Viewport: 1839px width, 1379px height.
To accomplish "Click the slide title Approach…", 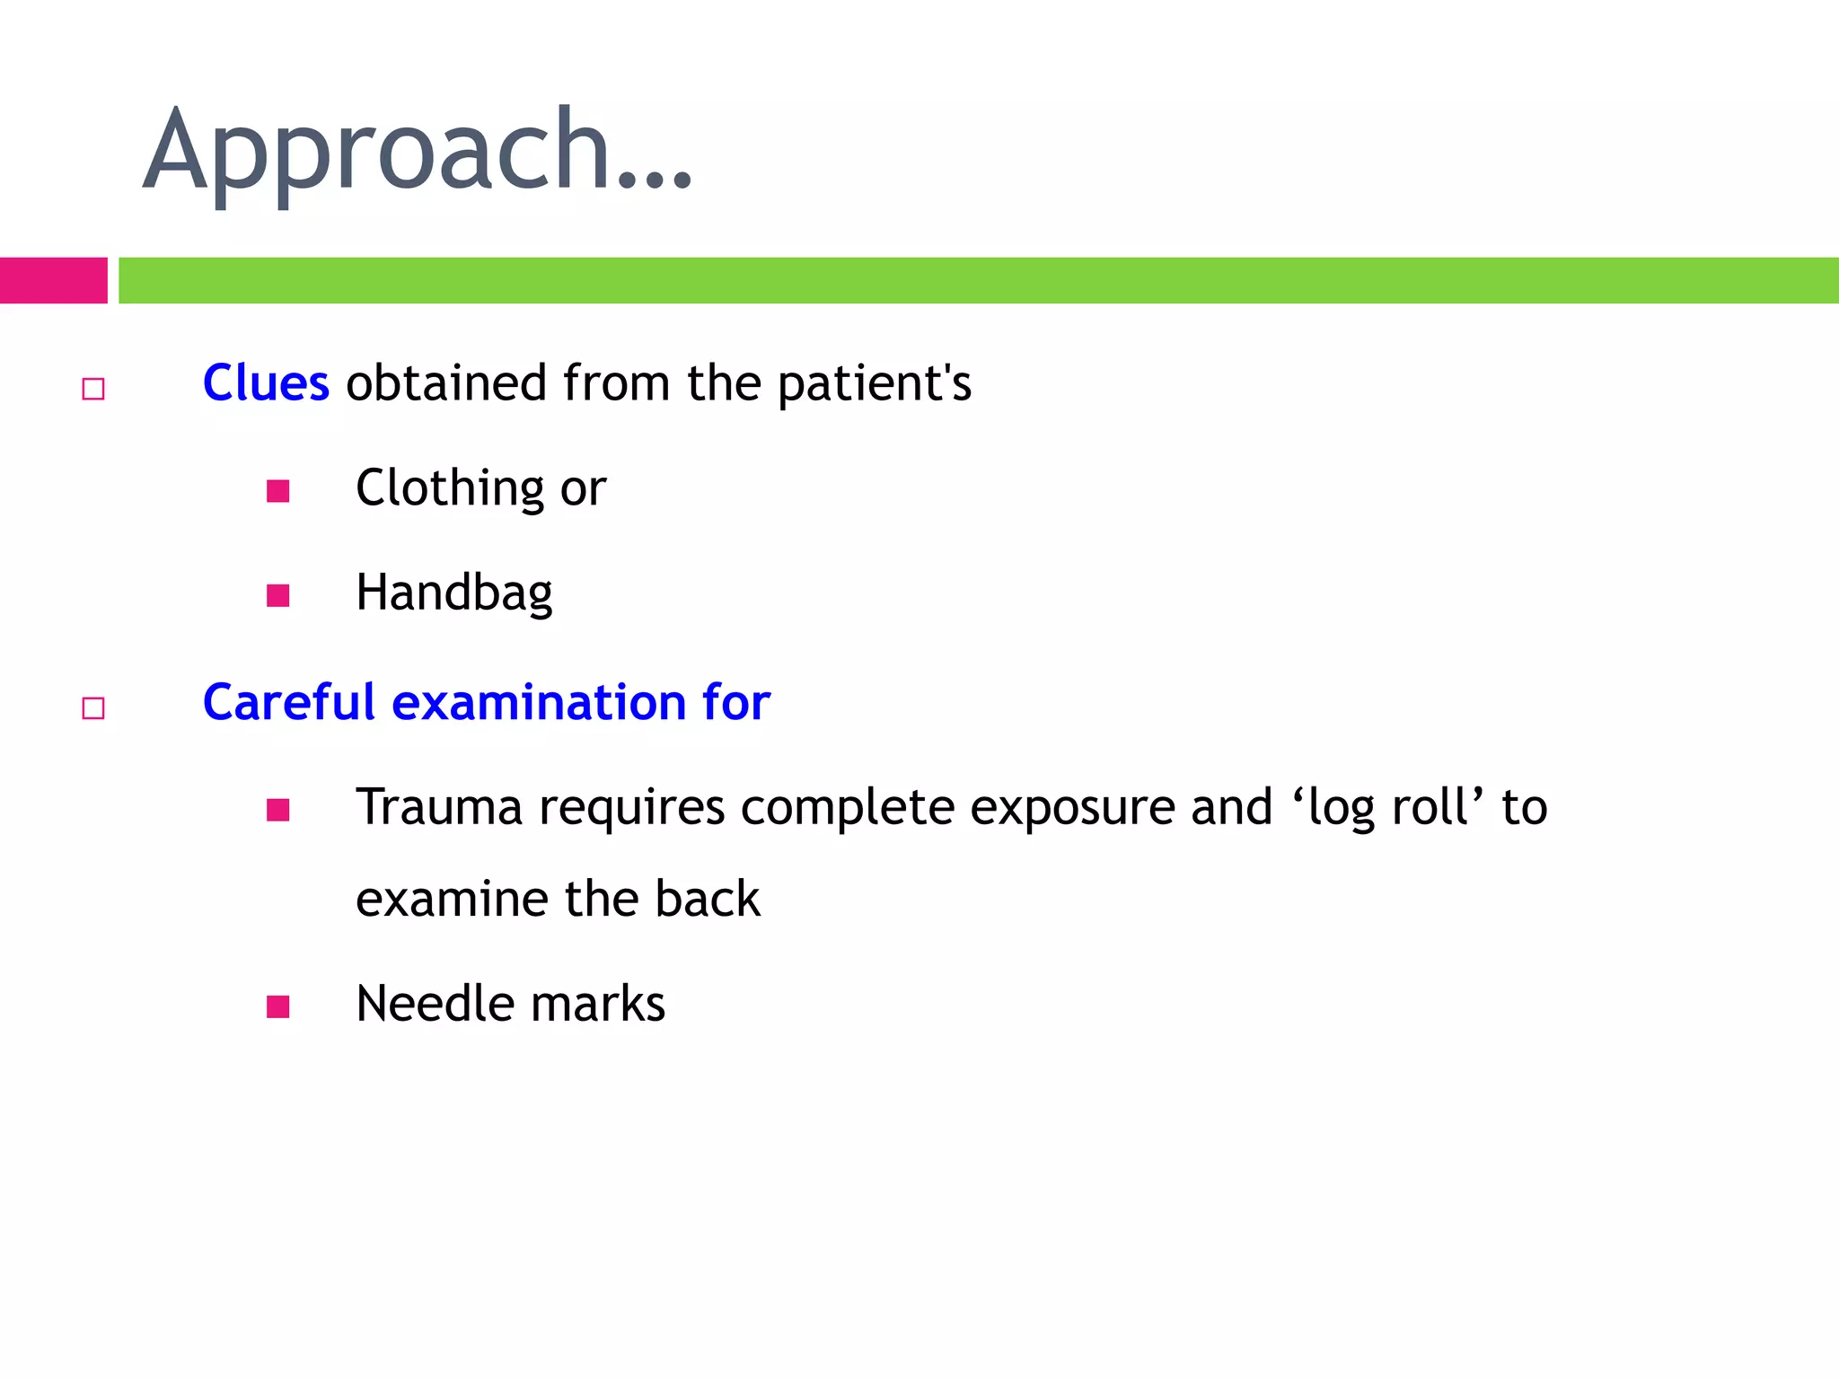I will [418, 151].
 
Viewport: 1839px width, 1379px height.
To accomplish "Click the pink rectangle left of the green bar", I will [53, 280].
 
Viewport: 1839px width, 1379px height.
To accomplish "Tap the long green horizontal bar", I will [978, 280].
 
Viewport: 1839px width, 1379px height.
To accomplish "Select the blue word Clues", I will [266, 383].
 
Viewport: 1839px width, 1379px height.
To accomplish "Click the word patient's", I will [874, 384].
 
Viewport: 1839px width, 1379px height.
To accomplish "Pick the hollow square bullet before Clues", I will [93, 389].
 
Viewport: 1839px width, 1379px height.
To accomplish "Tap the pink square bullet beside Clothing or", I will [278, 491].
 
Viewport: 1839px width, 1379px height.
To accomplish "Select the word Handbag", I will [454, 593].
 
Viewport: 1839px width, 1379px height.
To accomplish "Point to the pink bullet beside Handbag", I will [278, 596].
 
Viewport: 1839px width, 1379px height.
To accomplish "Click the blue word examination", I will [539, 702].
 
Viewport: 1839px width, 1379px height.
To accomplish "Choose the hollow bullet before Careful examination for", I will [93, 708].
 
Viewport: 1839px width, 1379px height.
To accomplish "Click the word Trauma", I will [439, 807].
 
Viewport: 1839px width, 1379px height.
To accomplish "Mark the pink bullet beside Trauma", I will [278, 811].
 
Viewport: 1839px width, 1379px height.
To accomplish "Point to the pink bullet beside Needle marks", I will [278, 1006].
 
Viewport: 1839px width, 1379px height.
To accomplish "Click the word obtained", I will [446, 383].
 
